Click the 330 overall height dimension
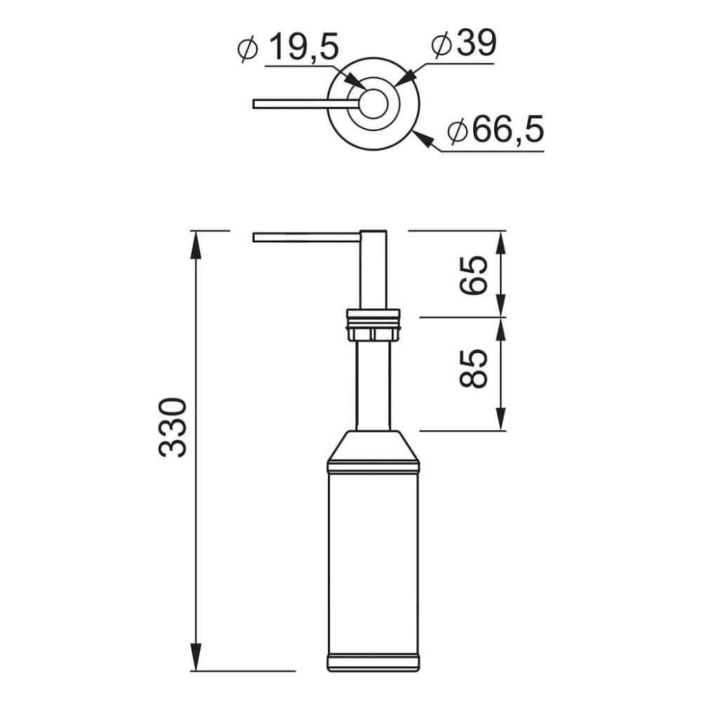tap(173, 428)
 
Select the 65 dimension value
tap(473, 275)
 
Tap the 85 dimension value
tap(473, 369)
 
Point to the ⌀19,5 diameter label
tap(288, 47)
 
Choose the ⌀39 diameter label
tap(464, 44)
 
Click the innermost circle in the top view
tap(373, 104)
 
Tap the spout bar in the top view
tap(306, 104)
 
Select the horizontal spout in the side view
tap(307, 237)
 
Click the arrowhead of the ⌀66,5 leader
tap(424, 140)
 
